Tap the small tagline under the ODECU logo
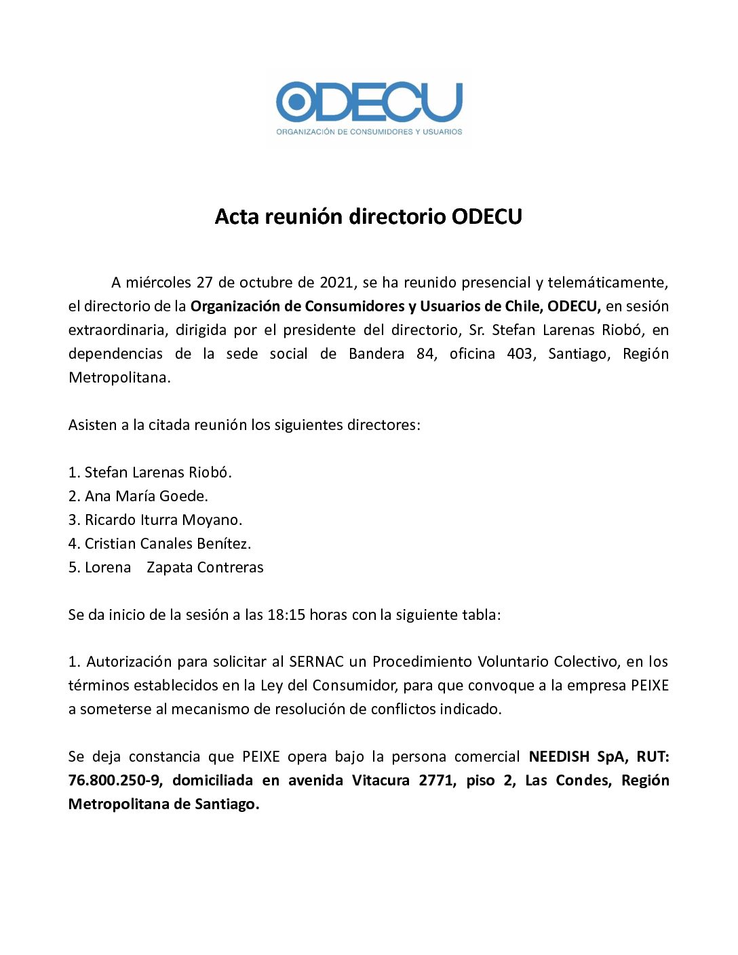click(x=369, y=132)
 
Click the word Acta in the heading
click(x=237, y=216)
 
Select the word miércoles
click(x=158, y=282)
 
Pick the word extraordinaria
click(x=117, y=330)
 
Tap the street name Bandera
click(x=376, y=353)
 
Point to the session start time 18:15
click(x=286, y=615)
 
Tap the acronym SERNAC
click(x=317, y=661)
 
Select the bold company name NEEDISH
click(x=559, y=756)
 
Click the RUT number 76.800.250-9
click(x=115, y=780)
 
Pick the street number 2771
click(x=436, y=780)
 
